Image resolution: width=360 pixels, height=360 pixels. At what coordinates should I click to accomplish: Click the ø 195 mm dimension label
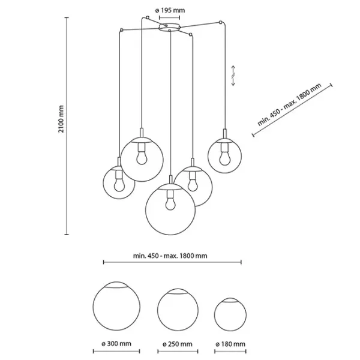tap(170, 10)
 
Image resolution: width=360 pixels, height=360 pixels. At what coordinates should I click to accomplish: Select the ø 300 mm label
tap(117, 344)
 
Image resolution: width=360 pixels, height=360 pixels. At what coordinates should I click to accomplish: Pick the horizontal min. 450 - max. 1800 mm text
tap(171, 254)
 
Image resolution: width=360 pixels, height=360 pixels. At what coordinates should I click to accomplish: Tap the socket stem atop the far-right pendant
tap(224, 134)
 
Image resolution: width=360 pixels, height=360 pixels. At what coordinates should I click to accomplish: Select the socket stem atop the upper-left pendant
tap(142, 132)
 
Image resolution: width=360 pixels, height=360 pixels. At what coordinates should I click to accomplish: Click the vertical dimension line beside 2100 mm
tap(66, 126)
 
